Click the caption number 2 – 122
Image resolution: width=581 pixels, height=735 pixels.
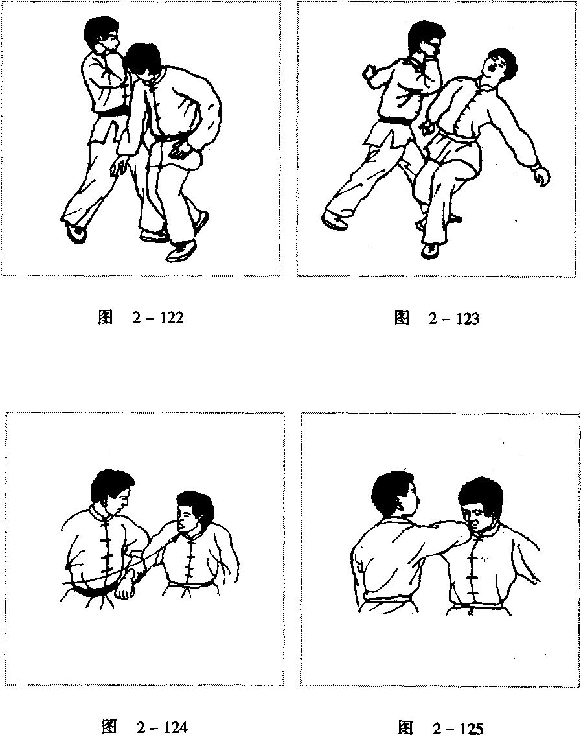(157, 318)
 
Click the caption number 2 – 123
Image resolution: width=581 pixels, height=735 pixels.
(453, 319)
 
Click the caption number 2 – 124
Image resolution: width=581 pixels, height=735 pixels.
(162, 727)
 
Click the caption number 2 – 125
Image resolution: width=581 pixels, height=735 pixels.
(457, 728)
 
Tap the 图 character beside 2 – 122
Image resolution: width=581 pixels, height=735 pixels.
(106, 318)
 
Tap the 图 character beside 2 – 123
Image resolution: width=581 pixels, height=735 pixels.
(402, 319)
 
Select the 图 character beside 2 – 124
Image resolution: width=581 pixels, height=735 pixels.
(109, 727)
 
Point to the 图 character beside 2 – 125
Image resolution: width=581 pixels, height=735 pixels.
(405, 728)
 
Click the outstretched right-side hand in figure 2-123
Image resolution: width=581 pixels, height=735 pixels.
(541, 176)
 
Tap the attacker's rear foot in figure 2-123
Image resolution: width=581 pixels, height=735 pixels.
(334, 220)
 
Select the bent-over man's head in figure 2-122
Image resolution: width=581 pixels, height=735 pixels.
(145, 61)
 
